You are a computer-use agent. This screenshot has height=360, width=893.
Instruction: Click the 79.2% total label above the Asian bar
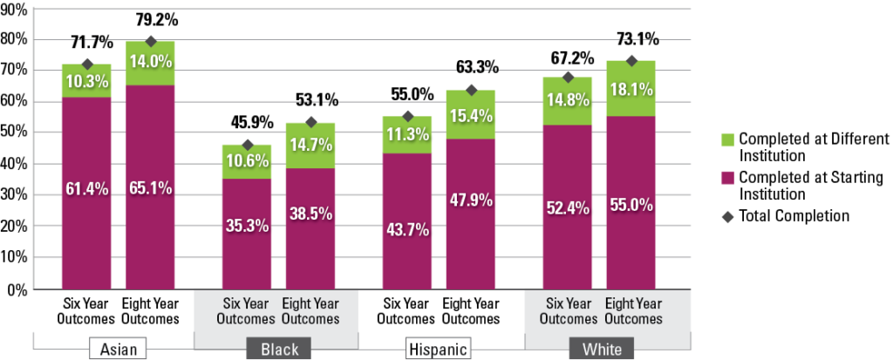(150, 18)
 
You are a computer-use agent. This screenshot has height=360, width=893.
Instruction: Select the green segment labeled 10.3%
(85, 80)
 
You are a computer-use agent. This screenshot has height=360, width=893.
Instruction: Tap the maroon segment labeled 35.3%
(247, 234)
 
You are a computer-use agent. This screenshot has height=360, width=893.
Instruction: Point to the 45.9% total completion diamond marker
(247, 146)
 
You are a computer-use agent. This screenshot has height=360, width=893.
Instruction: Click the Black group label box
(279, 350)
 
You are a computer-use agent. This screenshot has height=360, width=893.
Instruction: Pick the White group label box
(601, 350)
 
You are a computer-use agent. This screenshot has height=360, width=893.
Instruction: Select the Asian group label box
(118, 350)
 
